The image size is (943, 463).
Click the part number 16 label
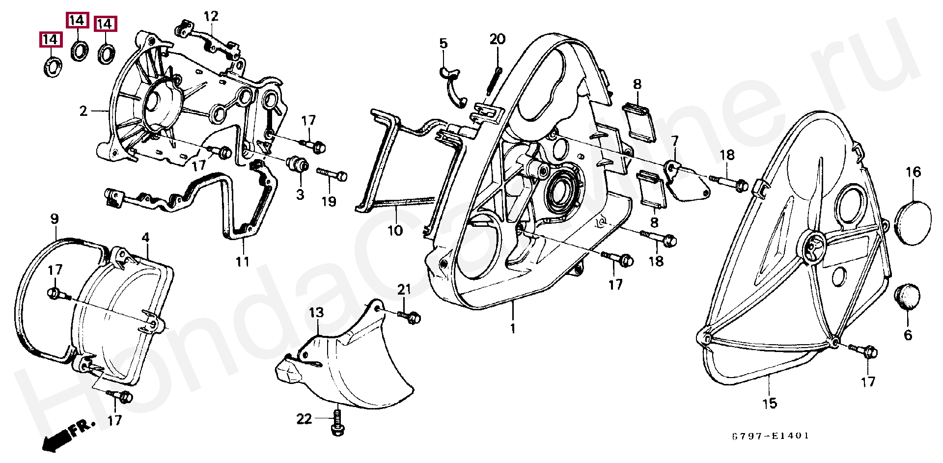(913, 172)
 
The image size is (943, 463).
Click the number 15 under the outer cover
(770, 403)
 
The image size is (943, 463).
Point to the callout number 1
(513, 329)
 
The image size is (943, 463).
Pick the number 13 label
(317, 312)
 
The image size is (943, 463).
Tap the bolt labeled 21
(412, 316)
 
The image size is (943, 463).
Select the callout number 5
(444, 43)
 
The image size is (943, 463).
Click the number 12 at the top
(211, 17)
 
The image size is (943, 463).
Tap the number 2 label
(83, 111)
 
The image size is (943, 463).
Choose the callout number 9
(54, 219)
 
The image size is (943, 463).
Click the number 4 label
(145, 237)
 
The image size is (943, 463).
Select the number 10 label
(395, 230)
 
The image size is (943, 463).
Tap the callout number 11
(242, 262)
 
